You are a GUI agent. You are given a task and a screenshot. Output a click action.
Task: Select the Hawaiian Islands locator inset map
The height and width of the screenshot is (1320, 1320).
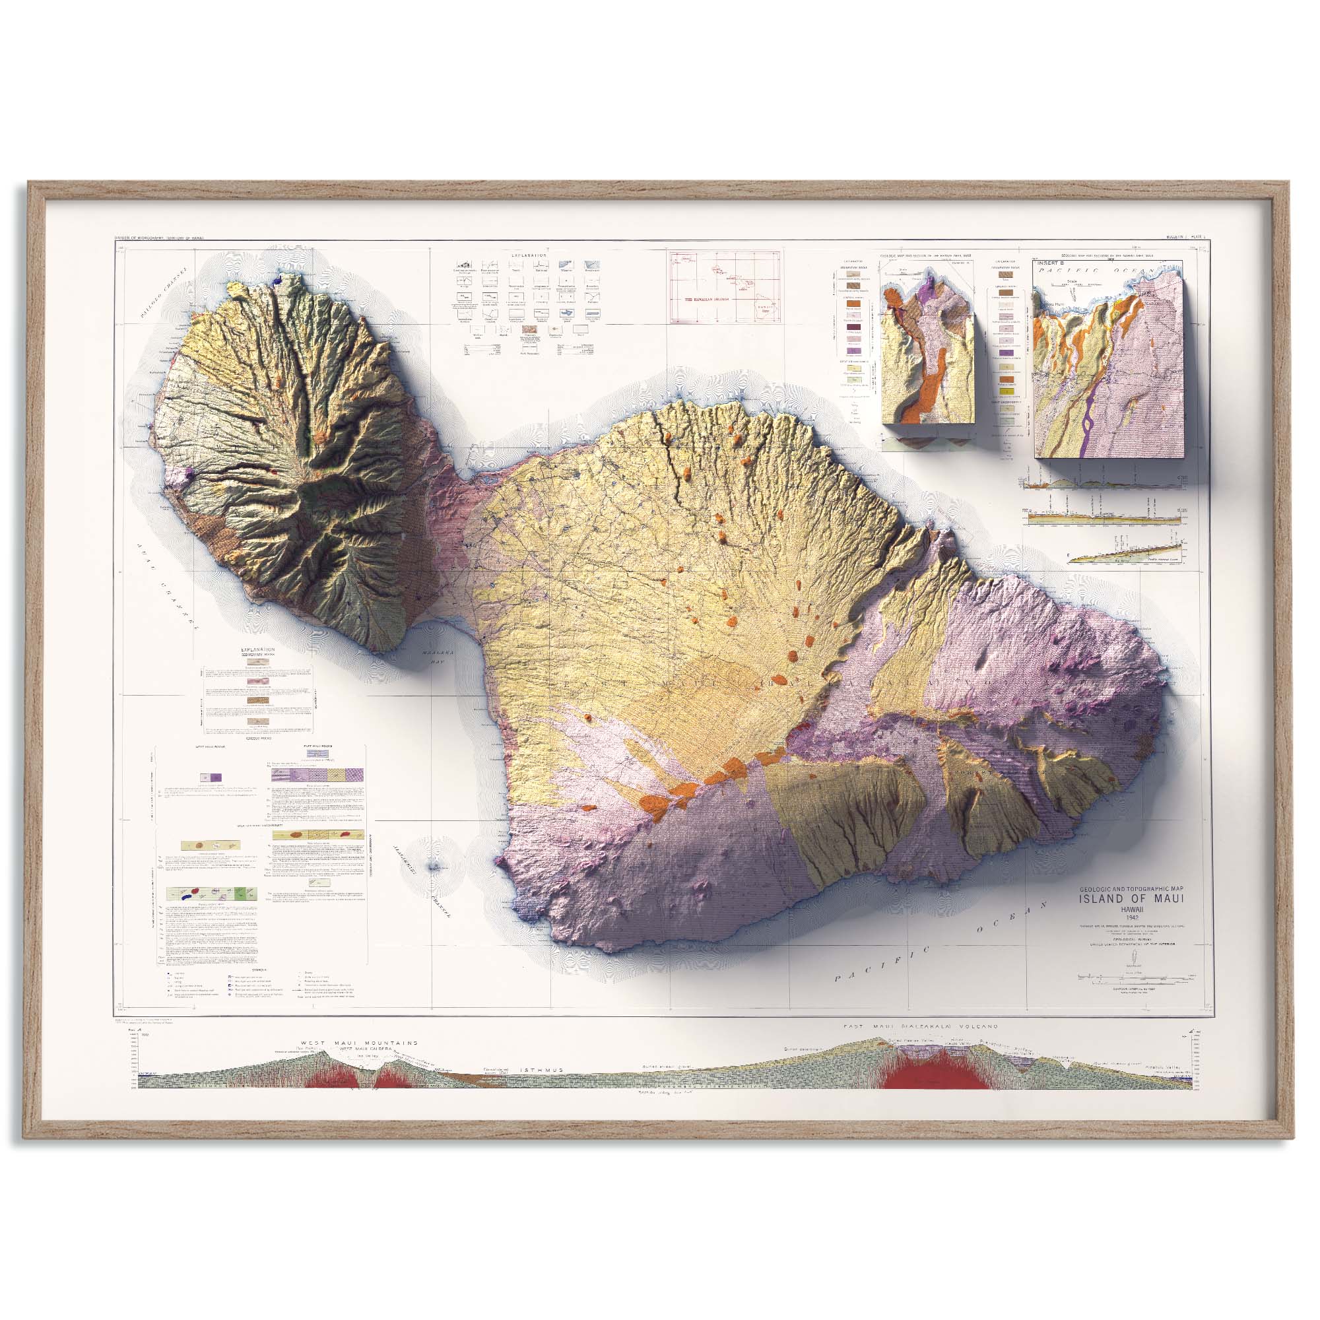(x=725, y=286)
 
